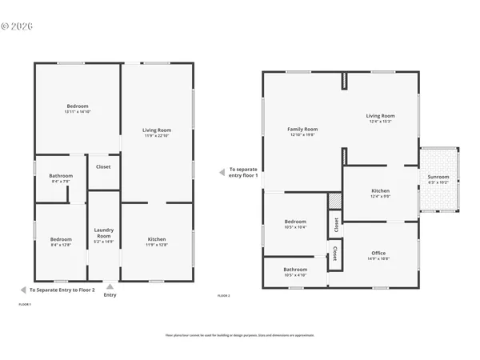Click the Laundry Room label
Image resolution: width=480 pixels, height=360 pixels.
pyautogui.click(x=104, y=233)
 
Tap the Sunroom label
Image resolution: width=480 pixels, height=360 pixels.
pyautogui.click(x=438, y=177)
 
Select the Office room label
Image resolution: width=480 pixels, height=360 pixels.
pyautogui.click(x=378, y=253)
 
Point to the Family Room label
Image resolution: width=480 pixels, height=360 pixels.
pyautogui.click(x=302, y=129)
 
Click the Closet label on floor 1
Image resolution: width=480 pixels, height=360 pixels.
pyautogui.click(x=103, y=167)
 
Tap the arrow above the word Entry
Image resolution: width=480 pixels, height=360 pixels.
pyautogui.click(x=110, y=286)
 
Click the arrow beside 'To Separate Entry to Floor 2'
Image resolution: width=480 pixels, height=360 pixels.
pyautogui.click(x=23, y=290)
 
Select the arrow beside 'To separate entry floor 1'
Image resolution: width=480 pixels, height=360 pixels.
pyautogui.click(x=222, y=172)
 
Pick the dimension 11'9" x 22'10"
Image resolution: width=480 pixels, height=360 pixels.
pyautogui.click(x=157, y=136)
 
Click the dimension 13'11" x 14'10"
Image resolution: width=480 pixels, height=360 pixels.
pyautogui.click(x=78, y=112)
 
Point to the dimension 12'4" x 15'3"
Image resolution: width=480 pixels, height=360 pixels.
pyautogui.click(x=381, y=122)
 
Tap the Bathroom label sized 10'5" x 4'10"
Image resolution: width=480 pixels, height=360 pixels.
pyautogui.click(x=295, y=270)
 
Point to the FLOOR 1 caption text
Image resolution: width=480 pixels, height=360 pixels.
pyautogui.click(x=25, y=305)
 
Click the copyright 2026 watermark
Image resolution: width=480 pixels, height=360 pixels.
pyautogui.click(x=18, y=26)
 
